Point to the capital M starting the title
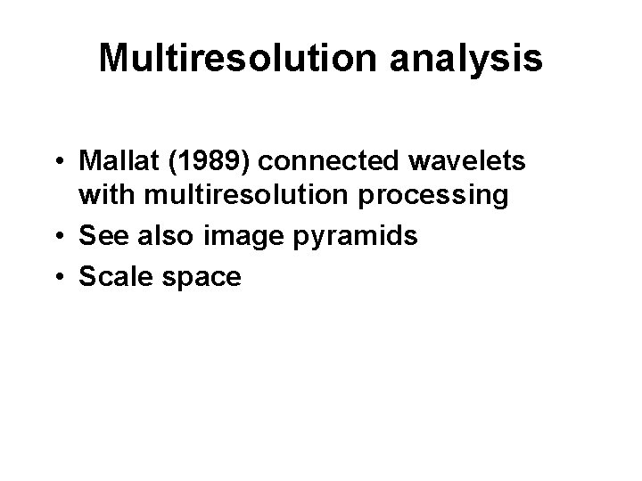(x=113, y=58)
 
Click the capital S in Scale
(x=88, y=277)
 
